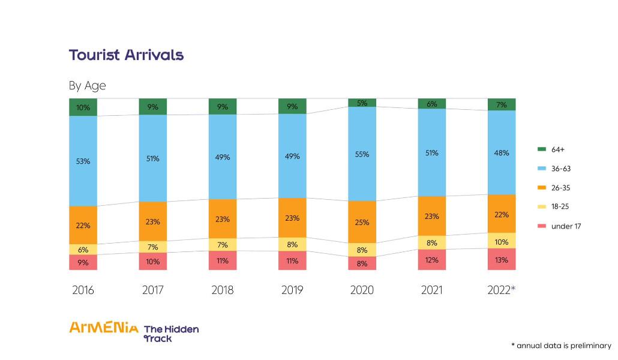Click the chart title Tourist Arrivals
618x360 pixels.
[126, 55]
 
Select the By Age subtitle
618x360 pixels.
[87, 86]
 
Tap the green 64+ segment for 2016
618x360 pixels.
[83, 107]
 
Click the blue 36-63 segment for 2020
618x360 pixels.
[362, 154]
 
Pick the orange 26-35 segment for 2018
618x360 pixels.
[223, 218]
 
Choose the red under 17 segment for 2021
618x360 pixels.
[431, 260]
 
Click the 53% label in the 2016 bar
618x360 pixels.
[83, 161]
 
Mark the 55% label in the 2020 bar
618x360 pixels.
[362, 154]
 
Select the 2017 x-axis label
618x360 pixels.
[153, 290]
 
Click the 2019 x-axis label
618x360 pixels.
[292, 290]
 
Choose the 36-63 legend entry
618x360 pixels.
[556, 169]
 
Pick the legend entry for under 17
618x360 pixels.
[560, 226]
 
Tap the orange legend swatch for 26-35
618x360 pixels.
[541, 188]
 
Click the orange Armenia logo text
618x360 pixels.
[103, 328]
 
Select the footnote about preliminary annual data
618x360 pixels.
[560, 346]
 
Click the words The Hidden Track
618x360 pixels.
[171, 334]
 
